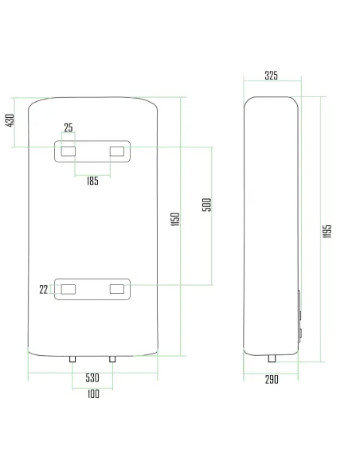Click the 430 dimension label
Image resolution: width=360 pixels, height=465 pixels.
[x=10, y=120]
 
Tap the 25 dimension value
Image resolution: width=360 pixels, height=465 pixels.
[x=68, y=128]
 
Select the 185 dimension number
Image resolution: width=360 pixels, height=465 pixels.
[x=92, y=181]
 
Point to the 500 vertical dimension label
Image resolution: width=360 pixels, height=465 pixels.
[x=207, y=205]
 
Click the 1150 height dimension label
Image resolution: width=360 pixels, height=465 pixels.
[x=175, y=219]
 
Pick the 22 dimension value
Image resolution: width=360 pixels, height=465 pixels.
[x=43, y=290]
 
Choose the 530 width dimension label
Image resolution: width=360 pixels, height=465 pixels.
[x=92, y=377]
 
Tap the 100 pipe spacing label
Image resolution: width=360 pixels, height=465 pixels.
[x=93, y=394]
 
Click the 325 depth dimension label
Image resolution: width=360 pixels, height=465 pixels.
[x=272, y=76]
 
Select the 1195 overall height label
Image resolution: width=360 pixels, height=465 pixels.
[x=327, y=231]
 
